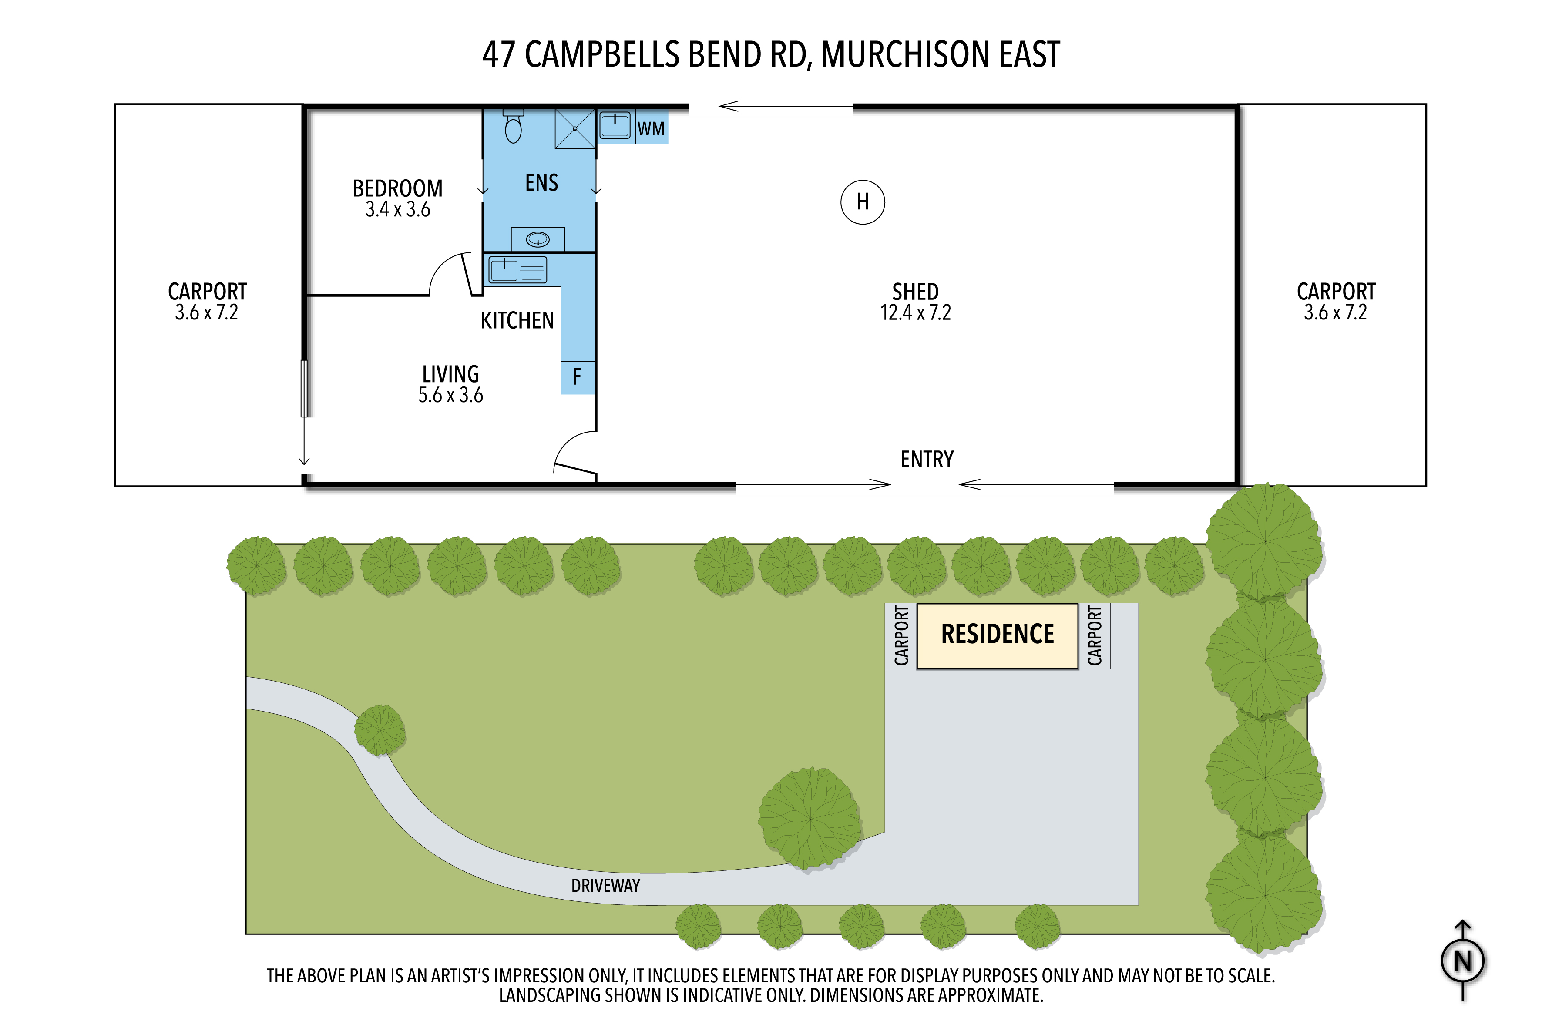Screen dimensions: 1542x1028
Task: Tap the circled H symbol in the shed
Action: coord(862,202)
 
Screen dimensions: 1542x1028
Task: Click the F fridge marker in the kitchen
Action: coord(577,377)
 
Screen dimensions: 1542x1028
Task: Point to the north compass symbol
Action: coord(1463,961)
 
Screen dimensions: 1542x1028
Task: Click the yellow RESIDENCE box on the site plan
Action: coord(997,636)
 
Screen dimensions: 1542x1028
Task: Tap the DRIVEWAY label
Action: coord(605,886)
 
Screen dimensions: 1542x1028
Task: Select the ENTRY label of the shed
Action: coord(927,460)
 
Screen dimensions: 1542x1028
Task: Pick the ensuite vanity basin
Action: coord(538,239)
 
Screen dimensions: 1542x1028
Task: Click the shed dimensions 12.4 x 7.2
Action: coord(915,313)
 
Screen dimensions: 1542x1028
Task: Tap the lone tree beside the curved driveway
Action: coord(380,730)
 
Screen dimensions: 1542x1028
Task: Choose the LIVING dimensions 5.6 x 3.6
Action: coord(450,395)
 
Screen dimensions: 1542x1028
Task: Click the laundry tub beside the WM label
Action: coord(615,126)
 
